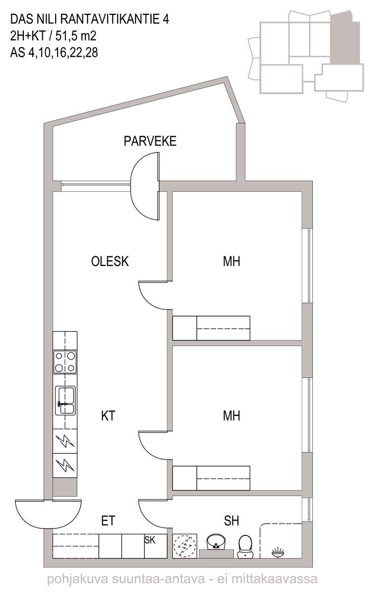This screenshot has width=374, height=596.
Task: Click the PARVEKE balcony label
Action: point(150,141)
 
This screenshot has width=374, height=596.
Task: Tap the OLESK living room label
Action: point(110,261)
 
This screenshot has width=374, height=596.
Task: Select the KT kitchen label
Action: point(108,416)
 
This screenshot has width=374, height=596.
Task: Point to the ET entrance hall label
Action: point(108,521)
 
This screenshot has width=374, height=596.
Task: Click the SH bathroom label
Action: point(231,521)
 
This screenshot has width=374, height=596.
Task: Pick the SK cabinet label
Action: point(150,540)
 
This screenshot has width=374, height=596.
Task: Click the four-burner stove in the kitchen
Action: point(65,362)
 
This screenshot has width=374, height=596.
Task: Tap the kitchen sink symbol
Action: point(65,401)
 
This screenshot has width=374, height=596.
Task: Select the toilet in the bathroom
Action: point(245,546)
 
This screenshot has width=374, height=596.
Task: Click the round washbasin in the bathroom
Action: point(216,541)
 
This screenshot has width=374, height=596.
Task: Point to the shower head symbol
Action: point(278,552)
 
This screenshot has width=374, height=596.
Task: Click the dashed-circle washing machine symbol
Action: point(185,546)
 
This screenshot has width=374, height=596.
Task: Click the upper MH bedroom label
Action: point(231,261)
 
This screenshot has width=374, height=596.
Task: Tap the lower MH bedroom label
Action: point(231,416)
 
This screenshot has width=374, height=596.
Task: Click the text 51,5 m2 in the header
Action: point(75,36)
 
